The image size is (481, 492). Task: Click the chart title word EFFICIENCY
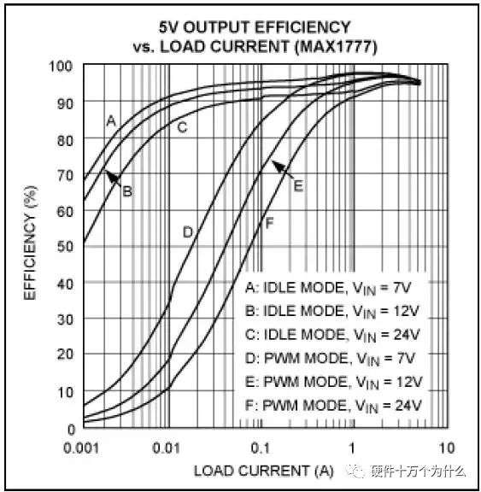(302, 27)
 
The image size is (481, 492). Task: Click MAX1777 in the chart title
(336, 47)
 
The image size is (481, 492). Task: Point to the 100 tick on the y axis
(61, 67)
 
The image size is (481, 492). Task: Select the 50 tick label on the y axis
(65, 247)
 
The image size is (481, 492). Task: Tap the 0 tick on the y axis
(71, 430)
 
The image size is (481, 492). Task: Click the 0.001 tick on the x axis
(81, 448)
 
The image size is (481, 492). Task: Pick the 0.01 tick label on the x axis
(167, 448)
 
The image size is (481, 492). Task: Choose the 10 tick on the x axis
(447, 448)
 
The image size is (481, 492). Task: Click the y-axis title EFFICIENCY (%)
(31, 243)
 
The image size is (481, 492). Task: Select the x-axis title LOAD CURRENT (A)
(263, 471)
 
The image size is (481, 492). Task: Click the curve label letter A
(111, 120)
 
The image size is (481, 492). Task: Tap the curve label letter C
(182, 127)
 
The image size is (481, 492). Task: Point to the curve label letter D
(188, 232)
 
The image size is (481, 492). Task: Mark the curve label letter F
(269, 224)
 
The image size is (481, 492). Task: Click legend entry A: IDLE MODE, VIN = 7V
(328, 288)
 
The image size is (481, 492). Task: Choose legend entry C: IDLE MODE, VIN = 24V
(332, 335)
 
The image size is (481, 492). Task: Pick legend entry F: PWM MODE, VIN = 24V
(333, 406)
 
